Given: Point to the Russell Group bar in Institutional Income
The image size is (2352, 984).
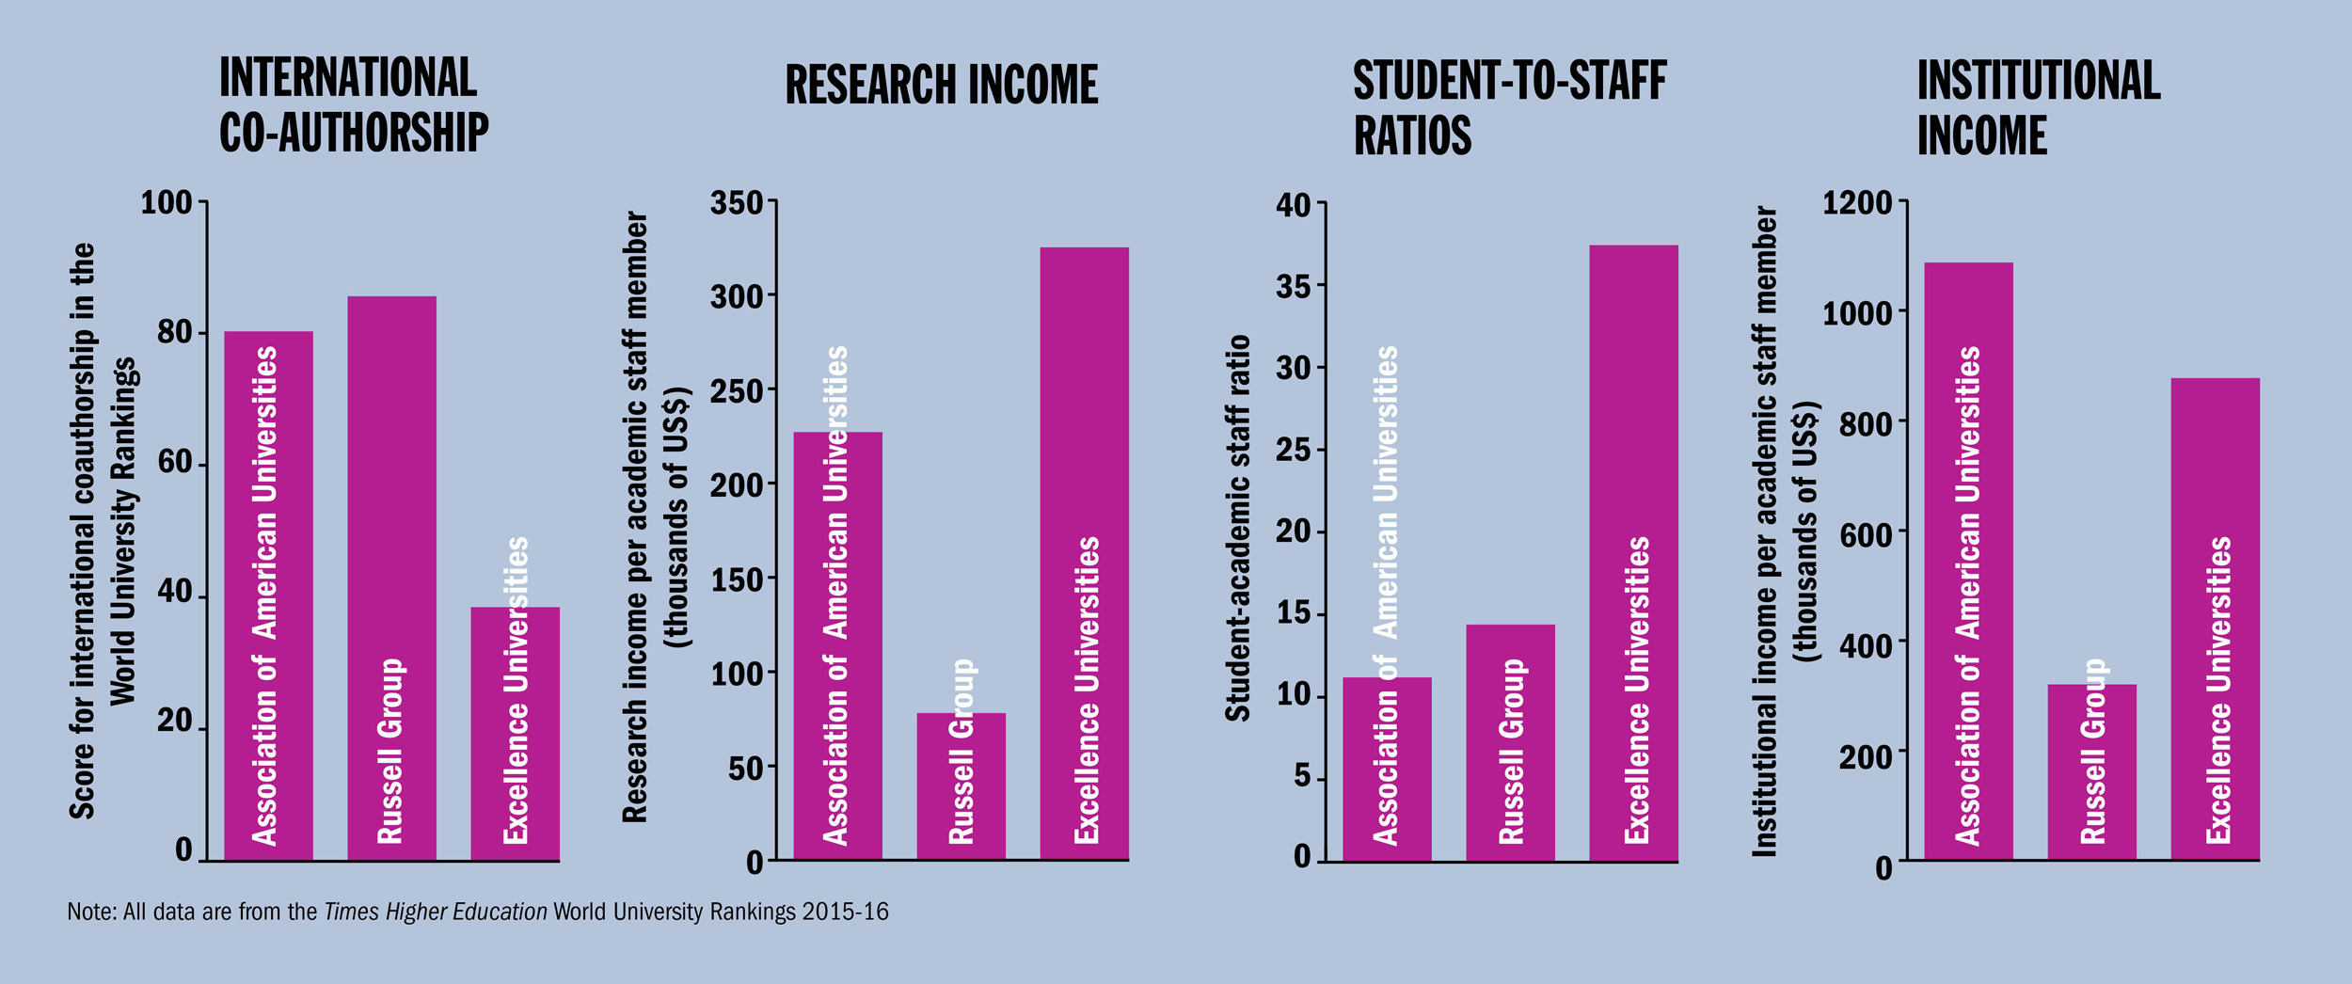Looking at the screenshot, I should point(2091,770).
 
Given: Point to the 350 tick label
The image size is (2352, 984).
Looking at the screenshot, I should point(736,202).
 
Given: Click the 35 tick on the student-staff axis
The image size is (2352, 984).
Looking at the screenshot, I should point(1294,286).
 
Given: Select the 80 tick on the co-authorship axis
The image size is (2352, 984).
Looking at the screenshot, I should point(175,332).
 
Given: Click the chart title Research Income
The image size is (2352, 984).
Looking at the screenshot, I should point(941,85).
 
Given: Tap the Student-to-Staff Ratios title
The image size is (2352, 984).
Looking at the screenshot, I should point(1509,106).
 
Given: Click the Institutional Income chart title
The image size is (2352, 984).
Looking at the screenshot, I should point(2038,106).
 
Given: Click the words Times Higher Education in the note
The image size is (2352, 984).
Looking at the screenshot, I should point(436,912).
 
